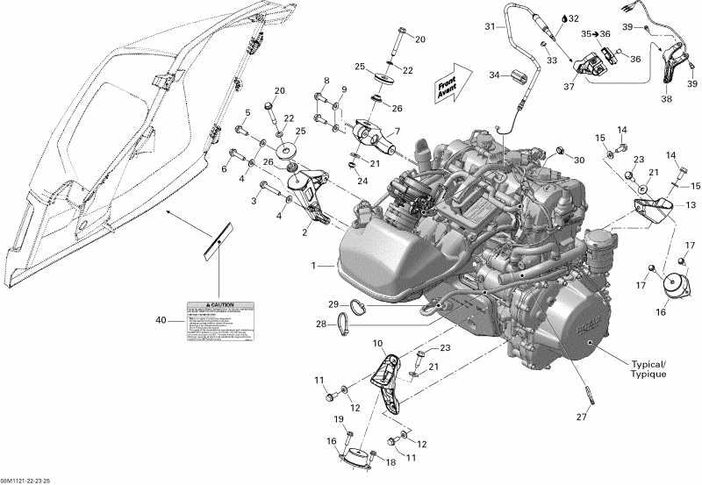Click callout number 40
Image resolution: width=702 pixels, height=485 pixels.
click(x=160, y=322)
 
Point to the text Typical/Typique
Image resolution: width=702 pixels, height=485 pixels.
click(x=648, y=368)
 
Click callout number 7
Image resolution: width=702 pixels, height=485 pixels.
click(x=395, y=131)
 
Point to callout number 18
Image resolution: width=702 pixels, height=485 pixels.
click(x=391, y=461)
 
